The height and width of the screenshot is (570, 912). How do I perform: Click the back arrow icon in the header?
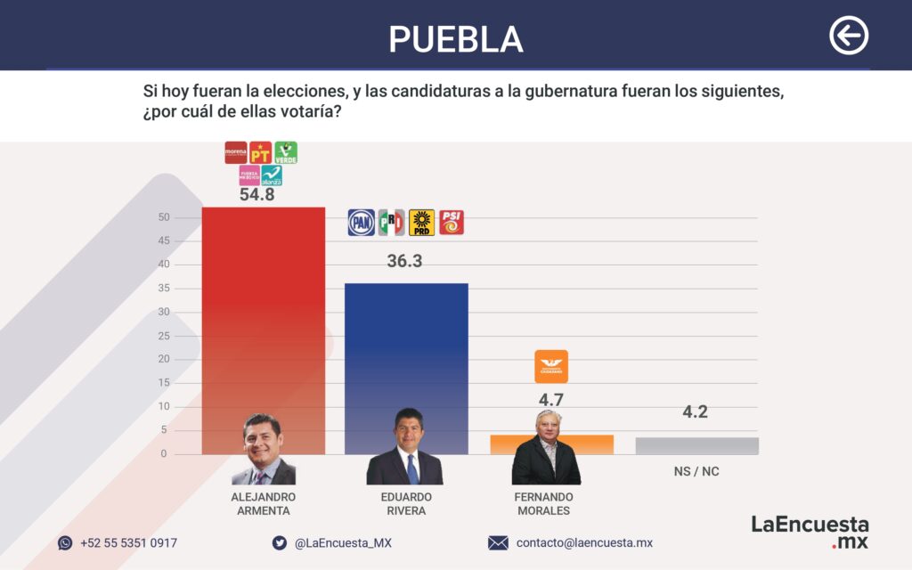point(848,37)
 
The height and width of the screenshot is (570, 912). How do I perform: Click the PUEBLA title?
point(455,38)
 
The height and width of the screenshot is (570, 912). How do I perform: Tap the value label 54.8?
point(256,195)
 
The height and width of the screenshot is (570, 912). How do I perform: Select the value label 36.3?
point(405,261)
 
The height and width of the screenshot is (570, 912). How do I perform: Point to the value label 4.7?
point(550,400)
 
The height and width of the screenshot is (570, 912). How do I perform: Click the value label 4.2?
point(696,412)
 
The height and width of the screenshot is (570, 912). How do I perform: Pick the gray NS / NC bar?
point(696,445)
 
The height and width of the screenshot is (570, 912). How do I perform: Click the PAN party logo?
point(361,223)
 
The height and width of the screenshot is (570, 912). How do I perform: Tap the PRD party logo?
point(421,223)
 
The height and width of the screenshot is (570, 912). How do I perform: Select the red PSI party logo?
point(452,223)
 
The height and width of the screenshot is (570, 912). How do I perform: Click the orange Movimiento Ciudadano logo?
point(550,366)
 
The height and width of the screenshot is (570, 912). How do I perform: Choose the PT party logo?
point(260,152)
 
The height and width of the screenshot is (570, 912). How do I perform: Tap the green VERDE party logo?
point(285,152)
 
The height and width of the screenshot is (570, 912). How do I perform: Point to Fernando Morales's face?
point(547,429)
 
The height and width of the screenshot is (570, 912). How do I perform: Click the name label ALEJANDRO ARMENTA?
point(263,503)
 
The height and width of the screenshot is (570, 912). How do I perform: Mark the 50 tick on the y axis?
point(163,217)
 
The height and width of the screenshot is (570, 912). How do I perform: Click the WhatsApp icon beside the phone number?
point(65,543)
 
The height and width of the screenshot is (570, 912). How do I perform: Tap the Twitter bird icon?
point(279,543)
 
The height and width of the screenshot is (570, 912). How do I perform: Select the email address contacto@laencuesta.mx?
point(584,543)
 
